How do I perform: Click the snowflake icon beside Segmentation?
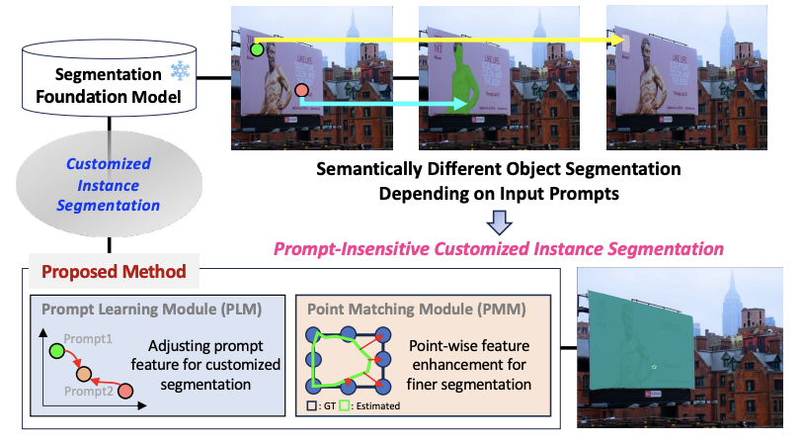181,71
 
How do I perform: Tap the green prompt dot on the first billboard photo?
257,47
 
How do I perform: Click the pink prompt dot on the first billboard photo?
301,93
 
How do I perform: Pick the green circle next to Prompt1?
56,350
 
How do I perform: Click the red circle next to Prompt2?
125,393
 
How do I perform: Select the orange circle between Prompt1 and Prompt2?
84,377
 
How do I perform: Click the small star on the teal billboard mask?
653,369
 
